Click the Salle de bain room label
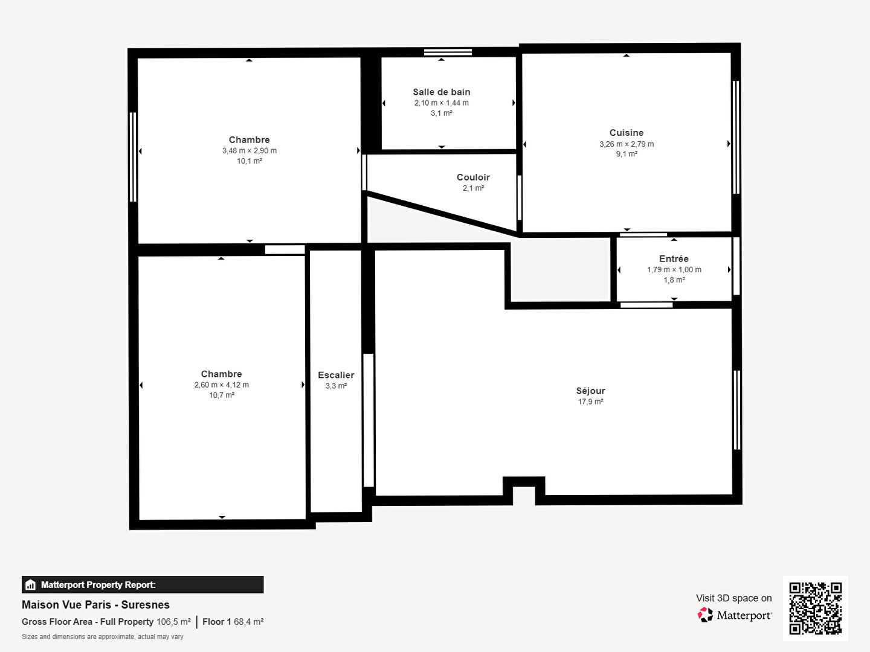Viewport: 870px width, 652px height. coord(441,92)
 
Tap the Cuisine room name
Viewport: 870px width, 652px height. coord(627,133)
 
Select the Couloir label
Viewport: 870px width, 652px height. coord(473,177)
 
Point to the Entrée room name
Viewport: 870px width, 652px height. coord(674,258)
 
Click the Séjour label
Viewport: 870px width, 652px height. coord(590,391)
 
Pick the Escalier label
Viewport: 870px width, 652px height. coord(336,375)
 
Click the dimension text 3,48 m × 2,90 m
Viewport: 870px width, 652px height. coord(250,150)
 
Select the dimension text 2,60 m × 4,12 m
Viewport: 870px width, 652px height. coord(222,385)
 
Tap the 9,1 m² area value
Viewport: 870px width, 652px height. coord(627,153)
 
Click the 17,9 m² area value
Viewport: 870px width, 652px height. coord(590,401)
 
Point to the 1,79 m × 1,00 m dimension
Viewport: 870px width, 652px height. coord(674,270)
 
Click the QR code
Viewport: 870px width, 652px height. coord(815,608)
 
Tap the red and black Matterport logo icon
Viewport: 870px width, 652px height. coord(705,615)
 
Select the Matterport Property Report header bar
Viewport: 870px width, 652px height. coord(143,584)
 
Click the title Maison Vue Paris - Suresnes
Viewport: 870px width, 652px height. coord(95,604)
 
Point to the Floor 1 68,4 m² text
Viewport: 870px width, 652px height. coord(233,622)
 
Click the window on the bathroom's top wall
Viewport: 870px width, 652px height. coord(448,52)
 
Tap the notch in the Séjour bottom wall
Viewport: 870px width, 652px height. coord(524,490)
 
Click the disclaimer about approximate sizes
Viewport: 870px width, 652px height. coord(102,636)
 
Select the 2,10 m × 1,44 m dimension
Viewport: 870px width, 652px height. coord(441,103)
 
